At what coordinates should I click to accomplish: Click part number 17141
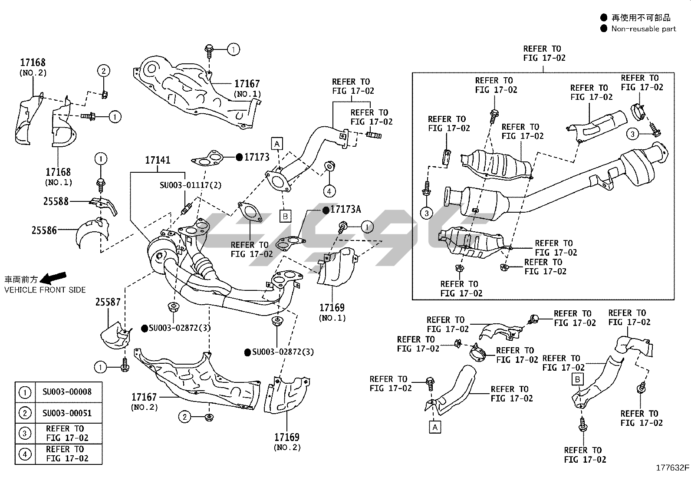(158, 160)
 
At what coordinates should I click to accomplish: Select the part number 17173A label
(345, 209)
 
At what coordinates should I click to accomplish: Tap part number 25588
(56, 201)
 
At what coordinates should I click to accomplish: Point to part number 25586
(44, 230)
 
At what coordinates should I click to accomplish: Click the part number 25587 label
(108, 302)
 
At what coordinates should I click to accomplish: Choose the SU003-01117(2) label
(191, 185)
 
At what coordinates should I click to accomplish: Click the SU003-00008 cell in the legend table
(67, 391)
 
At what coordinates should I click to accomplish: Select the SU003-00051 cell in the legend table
(67, 413)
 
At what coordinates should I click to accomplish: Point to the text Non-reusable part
(643, 29)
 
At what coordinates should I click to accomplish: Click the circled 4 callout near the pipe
(329, 191)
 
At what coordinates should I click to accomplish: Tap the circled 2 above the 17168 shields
(103, 71)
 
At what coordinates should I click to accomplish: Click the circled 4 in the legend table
(25, 454)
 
